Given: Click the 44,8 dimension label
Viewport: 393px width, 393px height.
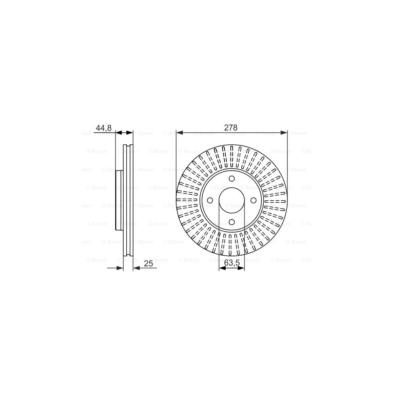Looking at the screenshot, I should pyautogui.click(x=103, y=128).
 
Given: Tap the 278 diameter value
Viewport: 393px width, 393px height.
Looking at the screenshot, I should pyautogui.click(x=231, y=128).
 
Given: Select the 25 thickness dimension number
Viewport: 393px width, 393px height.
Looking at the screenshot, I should pyautogui.click(x=149, y=263).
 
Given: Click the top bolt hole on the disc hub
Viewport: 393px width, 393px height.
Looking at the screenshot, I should pyautogui.click(x=231, y=178).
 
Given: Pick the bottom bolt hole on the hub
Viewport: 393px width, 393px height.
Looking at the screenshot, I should pyautogui.click(x=231, y=222).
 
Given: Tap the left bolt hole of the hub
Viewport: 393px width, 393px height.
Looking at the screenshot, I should pyautogui.click(x=210, y=200).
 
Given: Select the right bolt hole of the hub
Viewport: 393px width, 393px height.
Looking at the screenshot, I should pyautogui.click(x=253, y=200).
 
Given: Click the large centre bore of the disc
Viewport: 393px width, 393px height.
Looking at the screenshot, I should pyautogui.click(x=231, y=200).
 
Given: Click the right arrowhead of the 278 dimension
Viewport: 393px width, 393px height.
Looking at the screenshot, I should pyautogui.click(x=284, y=133).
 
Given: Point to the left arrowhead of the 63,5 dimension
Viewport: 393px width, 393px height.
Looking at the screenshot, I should pyautogui.click(x=221, y=268).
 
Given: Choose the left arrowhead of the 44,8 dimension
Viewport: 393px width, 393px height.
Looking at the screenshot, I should pyautogui.click(x=119, y=133).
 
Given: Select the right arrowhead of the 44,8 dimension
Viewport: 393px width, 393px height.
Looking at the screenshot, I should pyautogui.click(x=130, y=133).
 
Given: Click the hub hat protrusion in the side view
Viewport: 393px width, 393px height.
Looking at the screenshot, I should pyautogui.click(x=119, y=200).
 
